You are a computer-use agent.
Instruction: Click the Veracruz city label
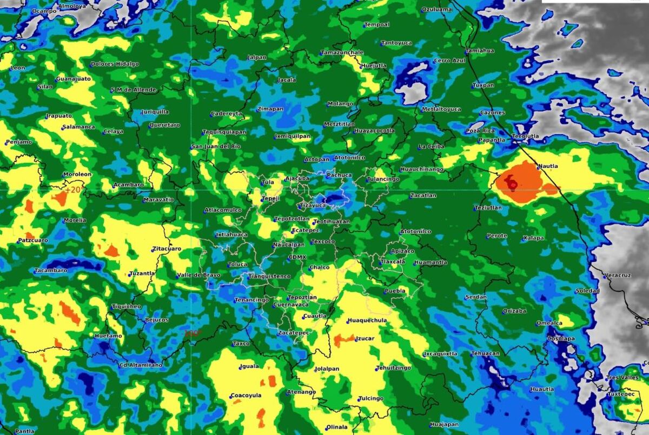(x=618, y=275)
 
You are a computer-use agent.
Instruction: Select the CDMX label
(x=297, y=258)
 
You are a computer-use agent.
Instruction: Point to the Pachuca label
(x=340, y=175)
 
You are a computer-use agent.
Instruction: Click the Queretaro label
(x=164, y=125)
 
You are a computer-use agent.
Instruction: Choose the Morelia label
(x=75, y=220)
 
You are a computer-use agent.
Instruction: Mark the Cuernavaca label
(x=291, y=305)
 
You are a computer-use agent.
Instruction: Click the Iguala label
(x=249, y=366)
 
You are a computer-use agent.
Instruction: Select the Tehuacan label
(x=486, y=353)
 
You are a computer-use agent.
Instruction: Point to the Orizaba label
(x=514, y=311)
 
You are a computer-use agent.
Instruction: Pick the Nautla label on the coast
(x=547, y=166)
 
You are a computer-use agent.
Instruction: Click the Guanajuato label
(x=74, y=78)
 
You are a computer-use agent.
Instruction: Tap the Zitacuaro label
(x=167, y=249)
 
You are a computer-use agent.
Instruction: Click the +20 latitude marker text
(x=72, y=190)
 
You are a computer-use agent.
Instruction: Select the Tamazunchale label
(x=342, y=52)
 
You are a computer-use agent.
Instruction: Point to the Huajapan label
(x=445, y=424)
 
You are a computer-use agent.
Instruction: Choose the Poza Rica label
(x=480, y=131)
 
